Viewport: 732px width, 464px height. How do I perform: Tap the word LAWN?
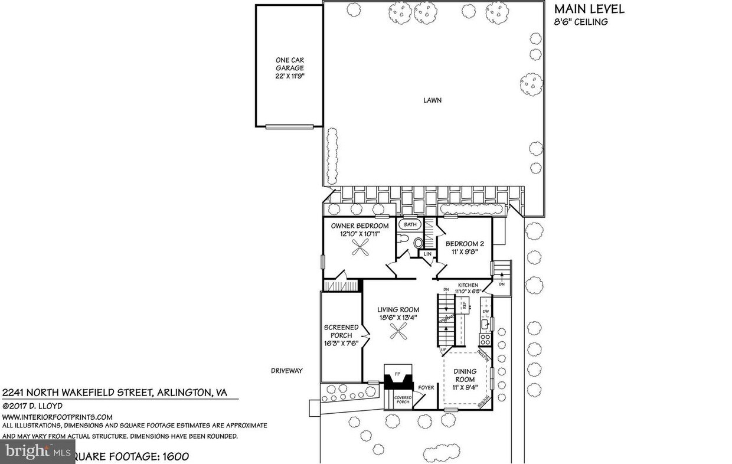coord(432,100)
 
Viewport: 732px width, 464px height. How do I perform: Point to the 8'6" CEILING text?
coord(580,22)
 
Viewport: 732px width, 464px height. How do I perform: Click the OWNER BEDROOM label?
coord(360,230)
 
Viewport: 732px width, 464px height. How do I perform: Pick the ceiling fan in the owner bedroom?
coord(360,251)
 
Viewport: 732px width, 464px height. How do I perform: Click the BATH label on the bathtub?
coord(410,225)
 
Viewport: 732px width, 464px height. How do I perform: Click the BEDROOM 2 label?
coord(465,247)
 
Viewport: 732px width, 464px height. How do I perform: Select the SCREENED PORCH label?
coord(341,335)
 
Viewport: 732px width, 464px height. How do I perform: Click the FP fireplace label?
coord(397,374)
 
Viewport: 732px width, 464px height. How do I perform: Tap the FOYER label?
coord(426,388)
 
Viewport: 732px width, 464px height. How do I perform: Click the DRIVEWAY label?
coord(286,371)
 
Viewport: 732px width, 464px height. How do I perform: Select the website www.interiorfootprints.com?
coord(58,416)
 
